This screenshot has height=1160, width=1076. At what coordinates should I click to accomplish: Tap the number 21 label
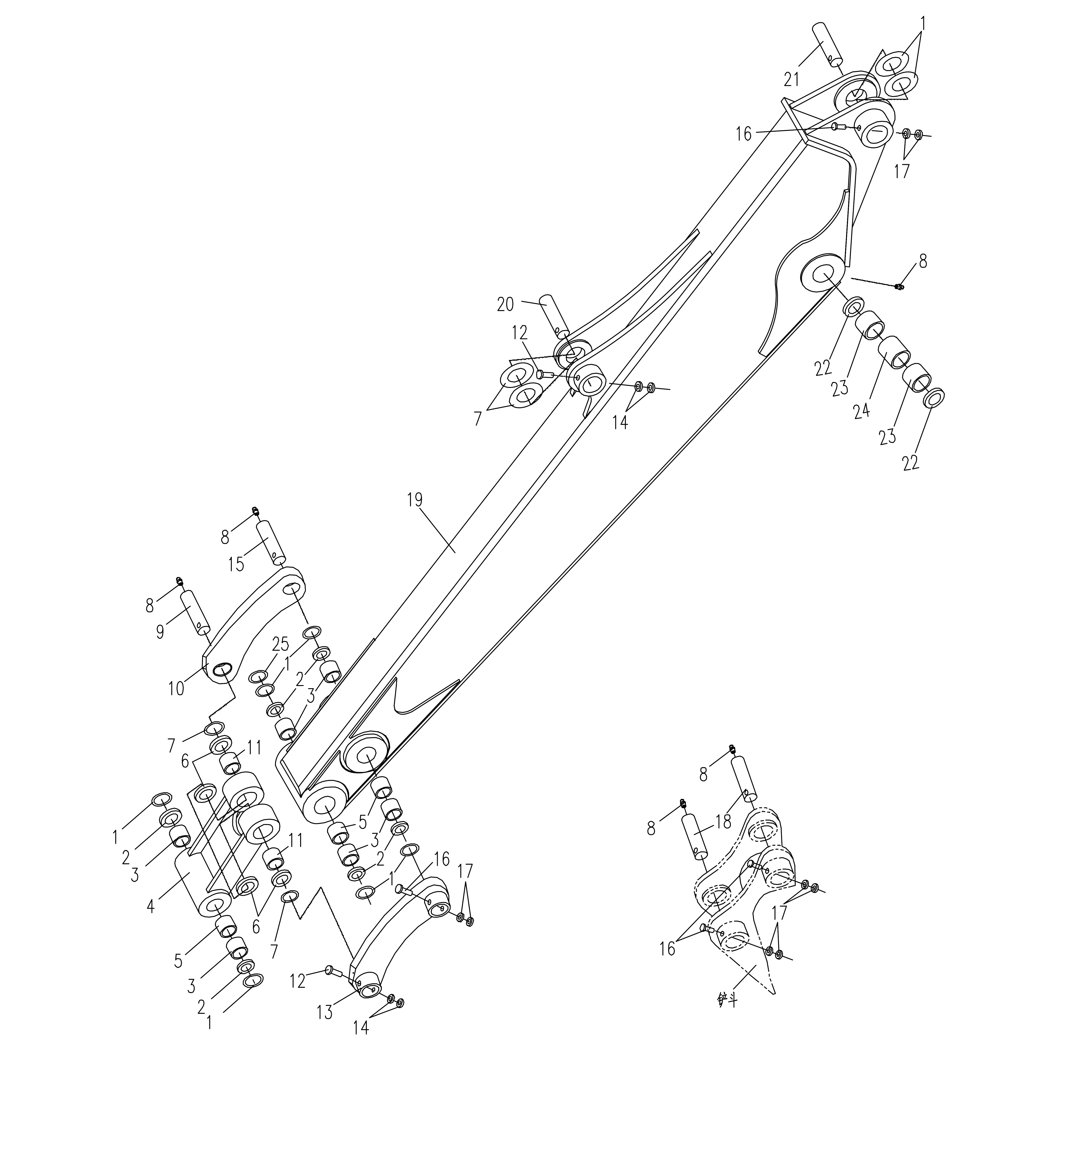[x=791, y=79]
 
